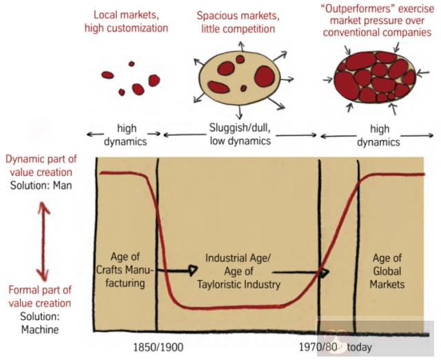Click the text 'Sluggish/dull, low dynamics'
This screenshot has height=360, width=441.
(x=238, y=134)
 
